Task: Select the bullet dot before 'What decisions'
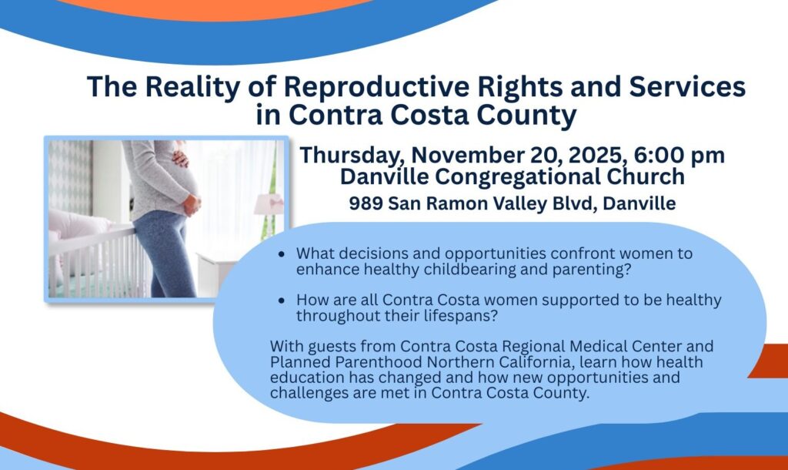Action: (x=281, y=254)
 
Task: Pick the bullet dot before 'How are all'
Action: (x=281, y=301)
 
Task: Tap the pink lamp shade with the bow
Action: (x=269, y=205)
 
